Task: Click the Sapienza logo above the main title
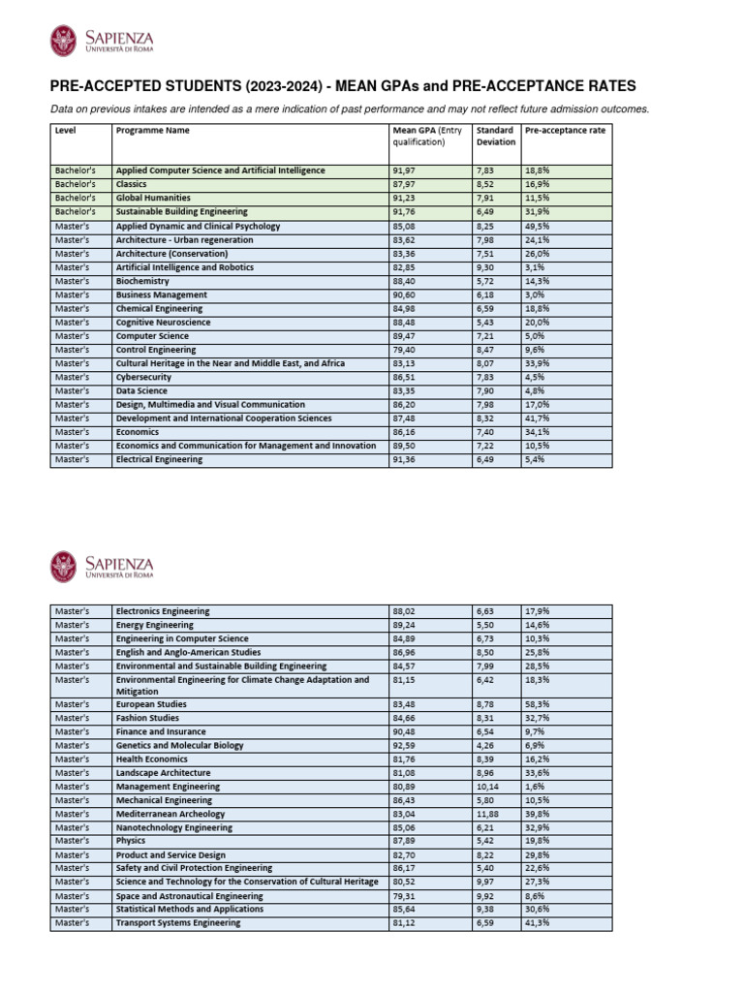(x=101, y=41)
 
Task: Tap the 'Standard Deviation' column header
(x=495, y=136)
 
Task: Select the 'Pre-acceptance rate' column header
(x=565, y=130)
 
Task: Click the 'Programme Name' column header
(x=152, y=130)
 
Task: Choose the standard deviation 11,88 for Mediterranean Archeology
(x=490, y=815)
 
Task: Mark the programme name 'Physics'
(x=131, y=842)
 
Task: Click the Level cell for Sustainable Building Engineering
(x=74, y=211)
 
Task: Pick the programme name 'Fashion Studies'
(x=147, y=718)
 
